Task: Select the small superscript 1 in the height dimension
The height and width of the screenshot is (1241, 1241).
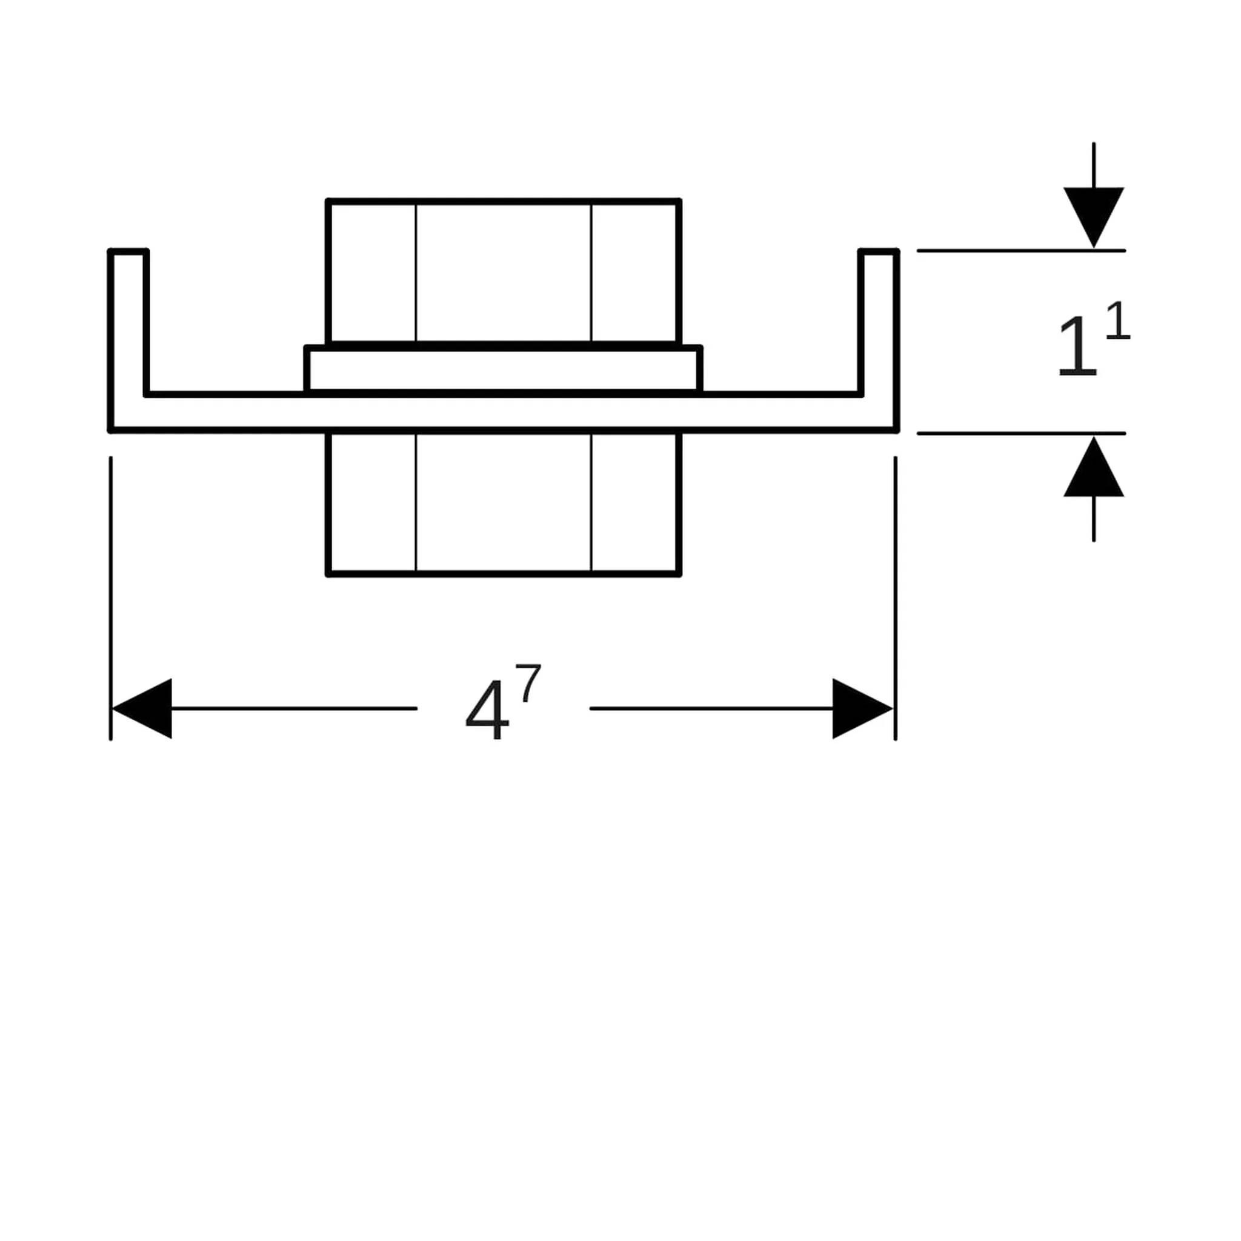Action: coord(1117,321)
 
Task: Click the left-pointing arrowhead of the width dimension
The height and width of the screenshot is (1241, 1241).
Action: coord(142,708)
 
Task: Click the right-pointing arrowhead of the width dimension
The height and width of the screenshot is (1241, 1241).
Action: coord(863,708)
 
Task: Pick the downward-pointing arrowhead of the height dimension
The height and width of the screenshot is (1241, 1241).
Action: coord(1094,217)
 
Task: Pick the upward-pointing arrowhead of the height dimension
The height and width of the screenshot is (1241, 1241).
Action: coord(1094,467)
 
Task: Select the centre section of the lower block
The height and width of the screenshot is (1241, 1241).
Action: coord(503,502)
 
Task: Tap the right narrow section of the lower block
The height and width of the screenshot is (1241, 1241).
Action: coord(635,502)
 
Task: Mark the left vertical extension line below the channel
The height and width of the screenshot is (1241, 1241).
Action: coord(110,598)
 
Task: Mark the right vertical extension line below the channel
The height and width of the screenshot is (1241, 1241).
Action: coord(896,598)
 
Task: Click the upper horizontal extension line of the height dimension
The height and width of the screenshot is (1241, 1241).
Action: coord(1021,250)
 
